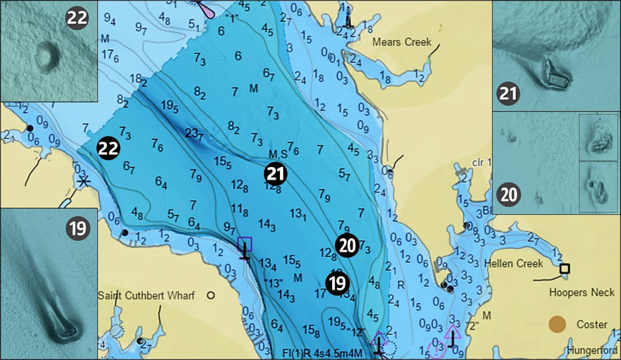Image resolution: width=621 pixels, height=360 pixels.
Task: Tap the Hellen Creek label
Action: pyautogui.click(x=514, y=264)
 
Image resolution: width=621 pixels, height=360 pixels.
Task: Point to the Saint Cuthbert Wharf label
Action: pyautogui.click(x=146, y=296)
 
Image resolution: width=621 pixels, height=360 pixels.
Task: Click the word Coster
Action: pyautogui.click(x=591, y=324)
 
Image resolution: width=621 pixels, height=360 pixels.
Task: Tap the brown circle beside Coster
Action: pyautogui.click(x=557, y=324)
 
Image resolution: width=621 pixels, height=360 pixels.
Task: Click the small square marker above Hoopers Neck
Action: pyautogui.click(x=564, y=268)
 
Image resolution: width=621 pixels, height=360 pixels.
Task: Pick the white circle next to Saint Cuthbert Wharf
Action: pyautogui.click(x=210, y=296)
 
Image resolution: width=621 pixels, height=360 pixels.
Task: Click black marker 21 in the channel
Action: pyautogui.click(x=276, y=173)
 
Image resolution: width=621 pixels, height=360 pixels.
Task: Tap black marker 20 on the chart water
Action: pyautogui.click(x=346, y=244)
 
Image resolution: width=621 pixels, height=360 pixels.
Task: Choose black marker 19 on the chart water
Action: pyautogui.click(x=338, y=283)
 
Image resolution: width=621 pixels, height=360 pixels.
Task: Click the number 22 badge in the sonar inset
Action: pyautogui.click(x=77, y=18)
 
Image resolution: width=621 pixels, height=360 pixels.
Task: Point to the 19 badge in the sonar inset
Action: pyautogui.click(x=77, y=228)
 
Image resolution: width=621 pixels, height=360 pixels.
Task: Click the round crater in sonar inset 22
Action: pyautogui.click(x=47, y=56)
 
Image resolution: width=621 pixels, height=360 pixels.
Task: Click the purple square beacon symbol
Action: pyautogui.click(x=245, y=244)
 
